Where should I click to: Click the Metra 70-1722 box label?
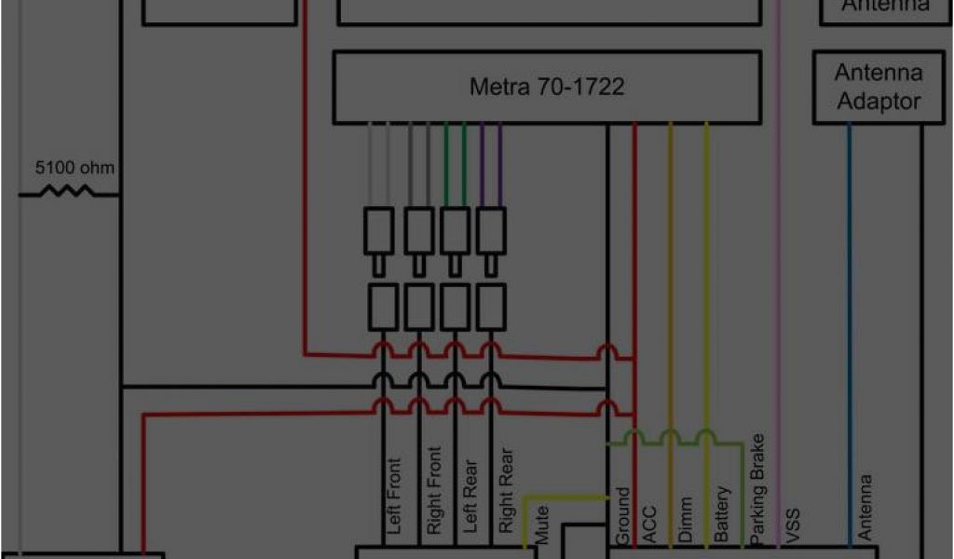(547, 88)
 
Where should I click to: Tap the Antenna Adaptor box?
(879, 88)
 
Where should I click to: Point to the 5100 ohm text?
(75, 169)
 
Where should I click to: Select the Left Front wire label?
(394, 496)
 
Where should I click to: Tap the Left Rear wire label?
(470, 496)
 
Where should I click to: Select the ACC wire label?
(649, 525)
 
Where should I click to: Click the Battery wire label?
(722, 513)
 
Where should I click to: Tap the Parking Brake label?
(757, 486)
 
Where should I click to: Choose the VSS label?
(794, 525)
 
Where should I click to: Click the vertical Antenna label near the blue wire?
(865, 507)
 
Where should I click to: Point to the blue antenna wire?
(850, 326)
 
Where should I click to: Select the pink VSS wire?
(778, 279)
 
